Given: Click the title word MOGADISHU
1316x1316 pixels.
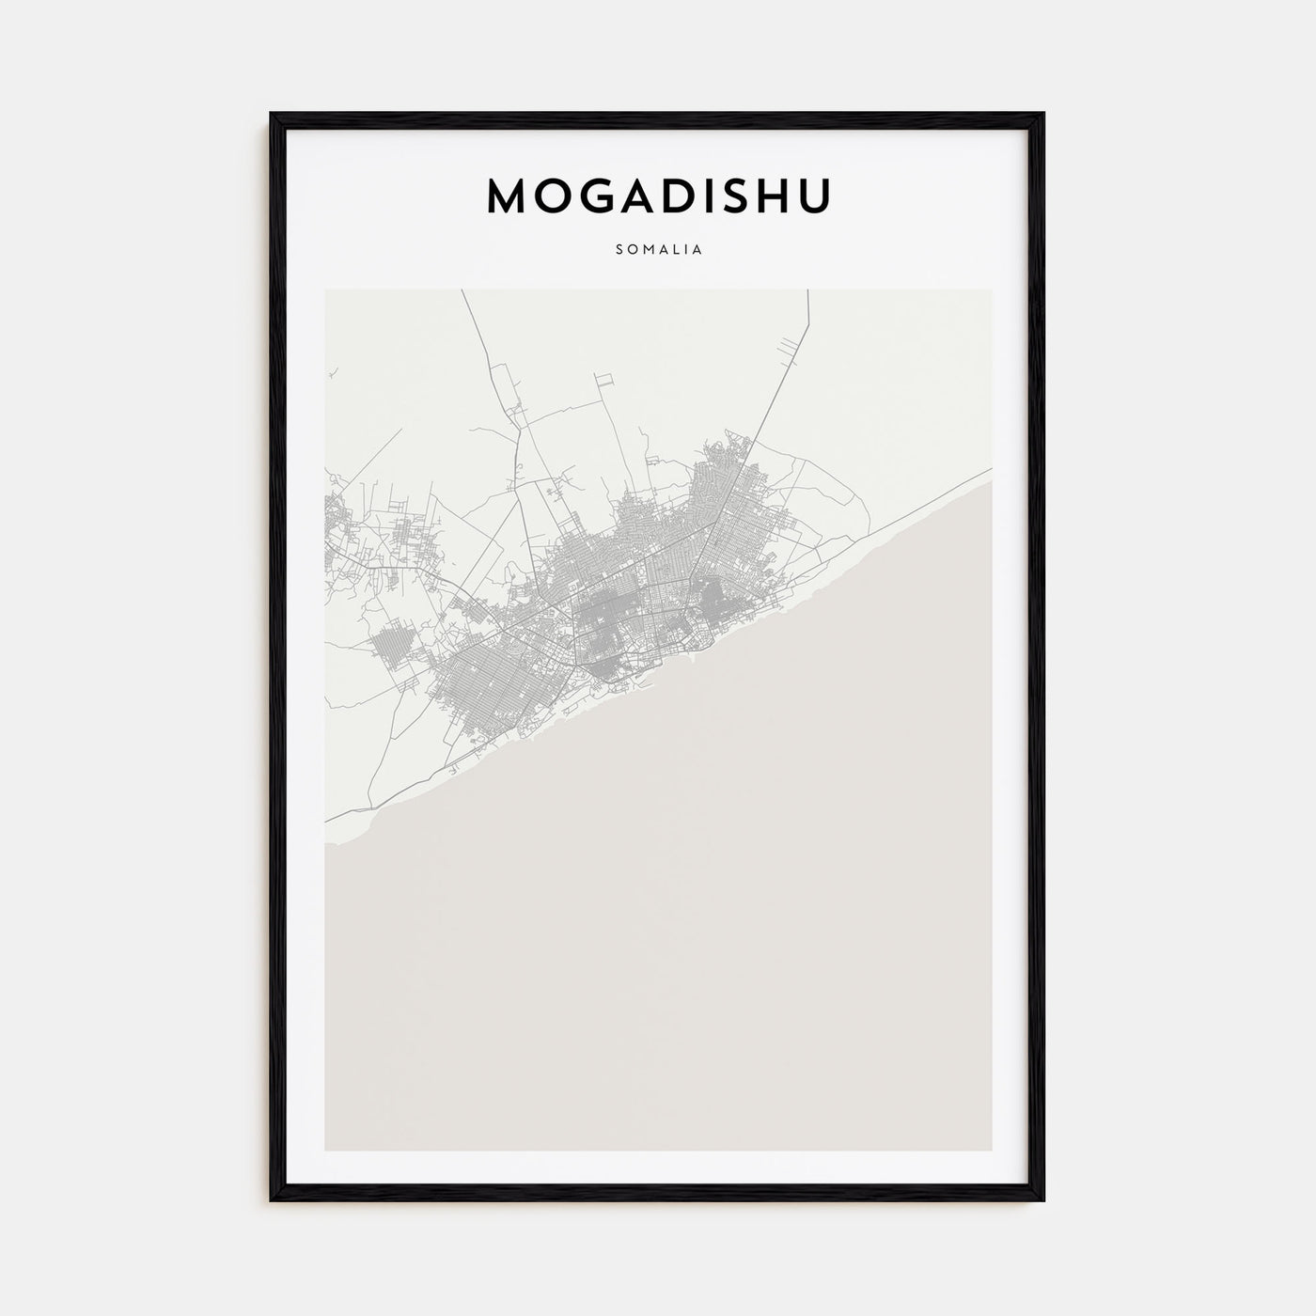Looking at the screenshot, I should click(x=658, y=195).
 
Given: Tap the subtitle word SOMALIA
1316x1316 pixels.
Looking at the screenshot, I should click(x=658, y=250).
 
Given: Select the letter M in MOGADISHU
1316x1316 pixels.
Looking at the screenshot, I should click(x=508, y=195).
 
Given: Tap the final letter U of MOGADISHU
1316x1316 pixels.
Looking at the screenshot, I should click(x=815, y=195).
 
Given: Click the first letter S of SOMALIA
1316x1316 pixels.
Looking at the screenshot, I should click(x=619, y=250).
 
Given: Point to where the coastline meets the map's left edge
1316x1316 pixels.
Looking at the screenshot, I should click(x=326, y=843).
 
